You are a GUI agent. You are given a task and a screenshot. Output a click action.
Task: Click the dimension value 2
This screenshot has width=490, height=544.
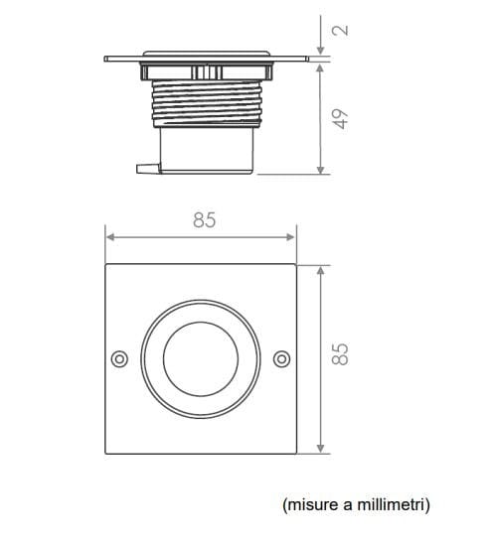(341, 30)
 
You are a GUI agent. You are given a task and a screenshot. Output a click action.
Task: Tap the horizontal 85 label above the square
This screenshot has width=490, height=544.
(203, 220)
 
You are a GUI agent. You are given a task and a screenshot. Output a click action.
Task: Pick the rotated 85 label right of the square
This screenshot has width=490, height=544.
(340, 353)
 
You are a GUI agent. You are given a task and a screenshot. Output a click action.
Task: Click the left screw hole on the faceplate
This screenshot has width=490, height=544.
(118, 357)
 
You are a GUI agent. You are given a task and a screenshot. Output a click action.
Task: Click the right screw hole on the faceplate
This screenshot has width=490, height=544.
(280, 357)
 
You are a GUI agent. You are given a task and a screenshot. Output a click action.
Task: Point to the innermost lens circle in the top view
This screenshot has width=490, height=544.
(200, 357)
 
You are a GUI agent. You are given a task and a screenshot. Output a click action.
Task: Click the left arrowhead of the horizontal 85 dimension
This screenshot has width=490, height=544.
(109, 237)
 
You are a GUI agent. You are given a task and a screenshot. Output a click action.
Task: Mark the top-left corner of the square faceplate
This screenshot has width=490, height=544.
(105, 264)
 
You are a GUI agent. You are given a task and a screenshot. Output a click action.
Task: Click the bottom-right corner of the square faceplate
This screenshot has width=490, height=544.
(295, 454)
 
